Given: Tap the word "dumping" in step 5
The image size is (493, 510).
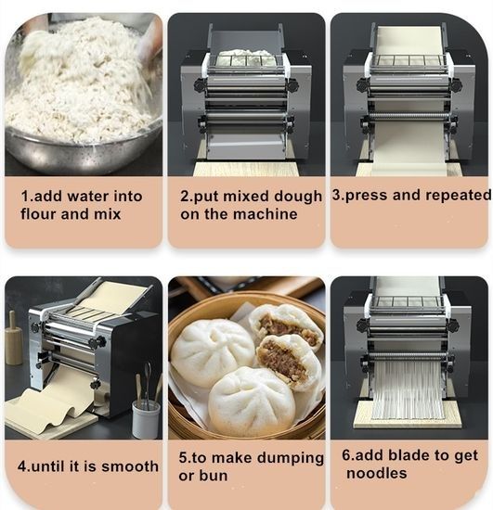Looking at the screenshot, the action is coord(291,458).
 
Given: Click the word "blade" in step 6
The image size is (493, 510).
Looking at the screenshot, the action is coord(413,455).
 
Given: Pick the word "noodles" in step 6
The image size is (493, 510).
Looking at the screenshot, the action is coord(376,473).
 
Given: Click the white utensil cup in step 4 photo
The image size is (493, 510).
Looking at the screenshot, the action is coord(146,418).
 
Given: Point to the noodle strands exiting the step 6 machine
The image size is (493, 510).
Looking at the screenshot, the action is coord(408,389).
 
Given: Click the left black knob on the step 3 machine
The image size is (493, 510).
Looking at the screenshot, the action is coord(363,85).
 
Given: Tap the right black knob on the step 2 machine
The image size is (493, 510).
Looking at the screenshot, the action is coord(292,85).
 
